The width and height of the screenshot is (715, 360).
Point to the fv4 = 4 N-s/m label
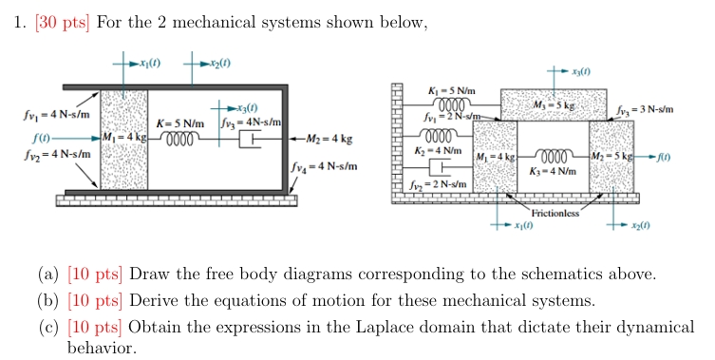pyautogui.click(x=325, y=166)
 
